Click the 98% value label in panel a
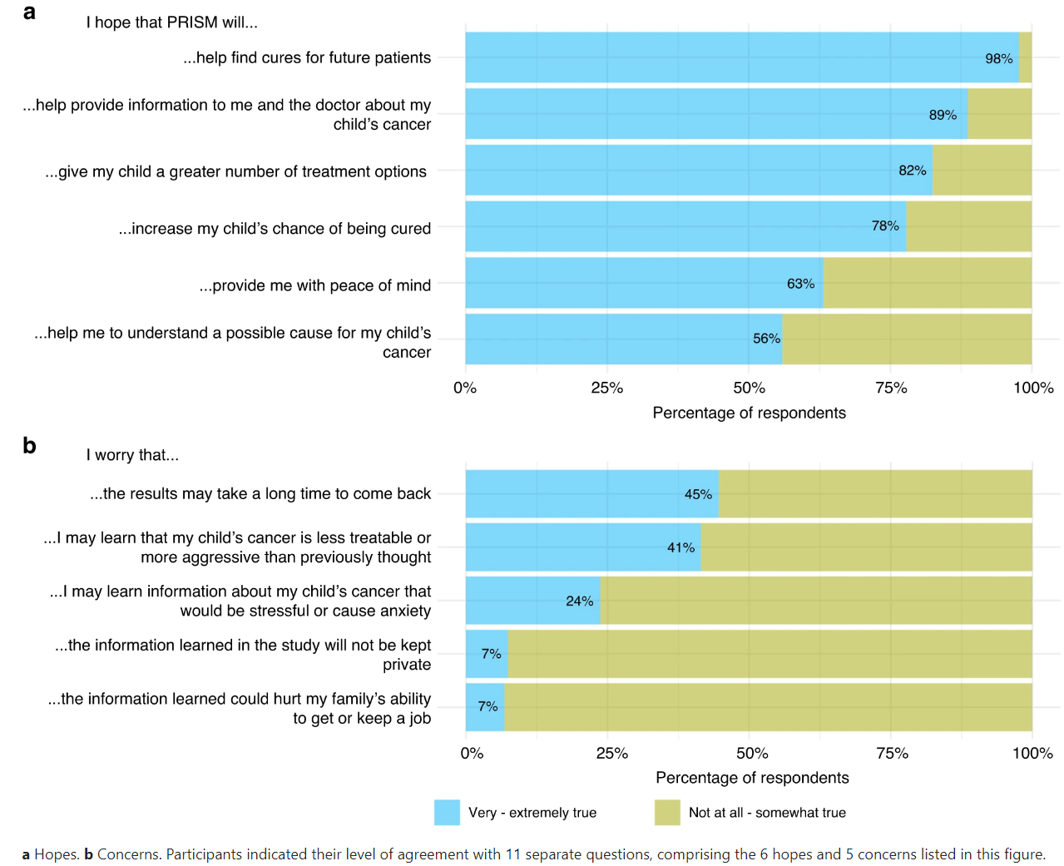(998, 59)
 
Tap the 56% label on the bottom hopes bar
(766, 339)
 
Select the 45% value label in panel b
(698, 494)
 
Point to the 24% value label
(579, 601)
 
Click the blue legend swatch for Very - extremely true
(447, 813)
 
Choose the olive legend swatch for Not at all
(667, 813)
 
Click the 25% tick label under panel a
(606, 388)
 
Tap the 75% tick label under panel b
(892, 753)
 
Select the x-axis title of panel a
(749, 413)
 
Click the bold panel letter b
(29, 446)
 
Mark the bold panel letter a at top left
(29, 12)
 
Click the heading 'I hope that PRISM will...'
(171, 22)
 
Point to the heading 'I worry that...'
(132, 455)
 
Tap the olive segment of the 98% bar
(1025, 58)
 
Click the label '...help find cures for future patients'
(307, 57)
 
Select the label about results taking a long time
(260, 493)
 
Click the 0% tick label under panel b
(472, 753)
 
